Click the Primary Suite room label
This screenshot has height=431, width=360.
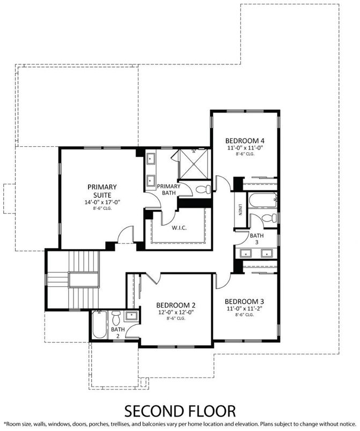click(102, 190)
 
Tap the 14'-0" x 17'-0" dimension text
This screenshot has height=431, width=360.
click(102, 202)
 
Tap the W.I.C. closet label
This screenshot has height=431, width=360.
click(179, 227)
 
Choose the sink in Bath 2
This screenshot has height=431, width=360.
click(131, 317)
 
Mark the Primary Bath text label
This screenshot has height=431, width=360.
click(168, 189)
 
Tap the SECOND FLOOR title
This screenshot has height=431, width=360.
click(180, 411)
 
